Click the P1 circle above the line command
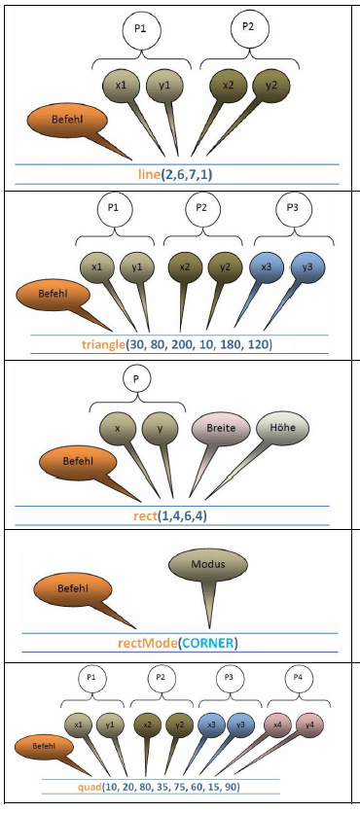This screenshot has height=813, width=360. (140, 29)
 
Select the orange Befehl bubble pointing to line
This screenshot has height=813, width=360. (67, 120)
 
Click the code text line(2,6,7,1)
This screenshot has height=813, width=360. (176, 175)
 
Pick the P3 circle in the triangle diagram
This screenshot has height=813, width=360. (293, 209)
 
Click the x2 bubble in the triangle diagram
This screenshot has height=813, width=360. (185, 267)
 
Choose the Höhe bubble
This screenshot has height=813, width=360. (283, 428)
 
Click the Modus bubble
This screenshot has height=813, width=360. (208, 565)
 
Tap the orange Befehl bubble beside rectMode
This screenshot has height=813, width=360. (73, 589)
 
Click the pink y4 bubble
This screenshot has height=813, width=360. (309, 725)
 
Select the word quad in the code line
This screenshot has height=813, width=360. (90, 787)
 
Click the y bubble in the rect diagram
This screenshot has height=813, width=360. (161, 429)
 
